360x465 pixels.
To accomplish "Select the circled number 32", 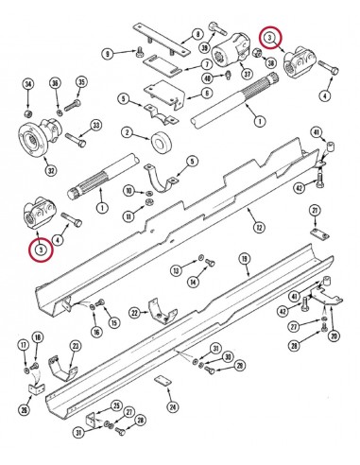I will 50,169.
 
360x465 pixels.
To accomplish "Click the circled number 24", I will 171,407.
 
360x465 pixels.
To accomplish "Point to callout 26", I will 24,408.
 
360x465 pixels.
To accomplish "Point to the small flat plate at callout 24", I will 161,383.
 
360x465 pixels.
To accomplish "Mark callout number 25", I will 116,406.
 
